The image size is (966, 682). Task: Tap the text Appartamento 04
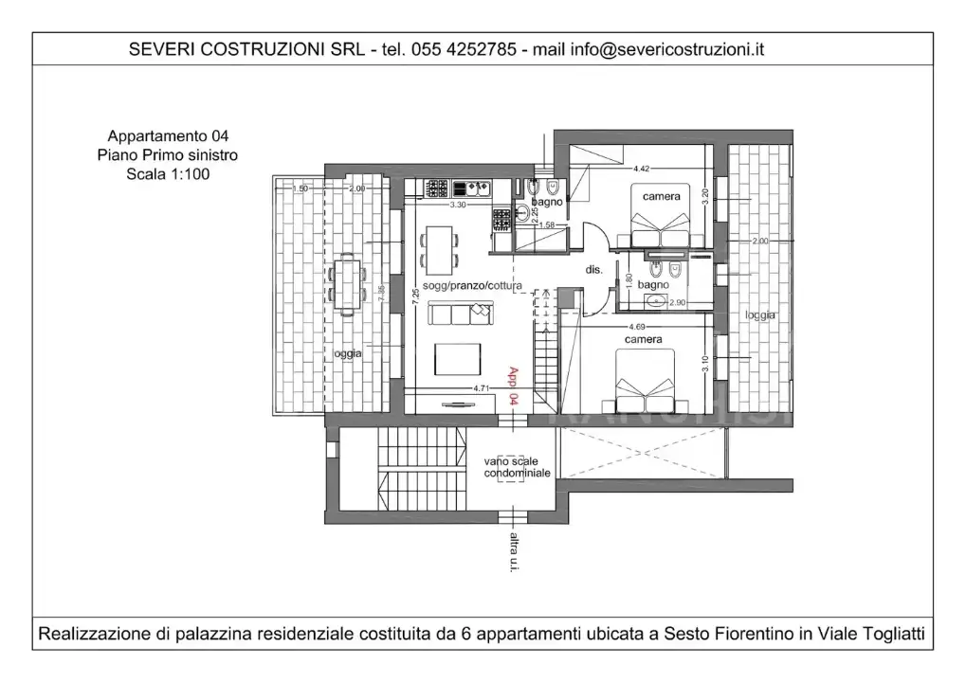point(167,136)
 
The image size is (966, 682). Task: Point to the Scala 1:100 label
point(167,174)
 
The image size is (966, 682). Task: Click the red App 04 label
point(514,386)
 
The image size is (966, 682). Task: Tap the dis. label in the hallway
point(593,269)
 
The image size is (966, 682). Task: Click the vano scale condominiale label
point(517,466)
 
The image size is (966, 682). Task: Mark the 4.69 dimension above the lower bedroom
point(637,326)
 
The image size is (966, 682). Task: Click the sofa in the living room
point(461,312)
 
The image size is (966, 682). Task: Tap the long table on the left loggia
point(347,283)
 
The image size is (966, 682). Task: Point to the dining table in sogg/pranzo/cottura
point(439,247)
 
